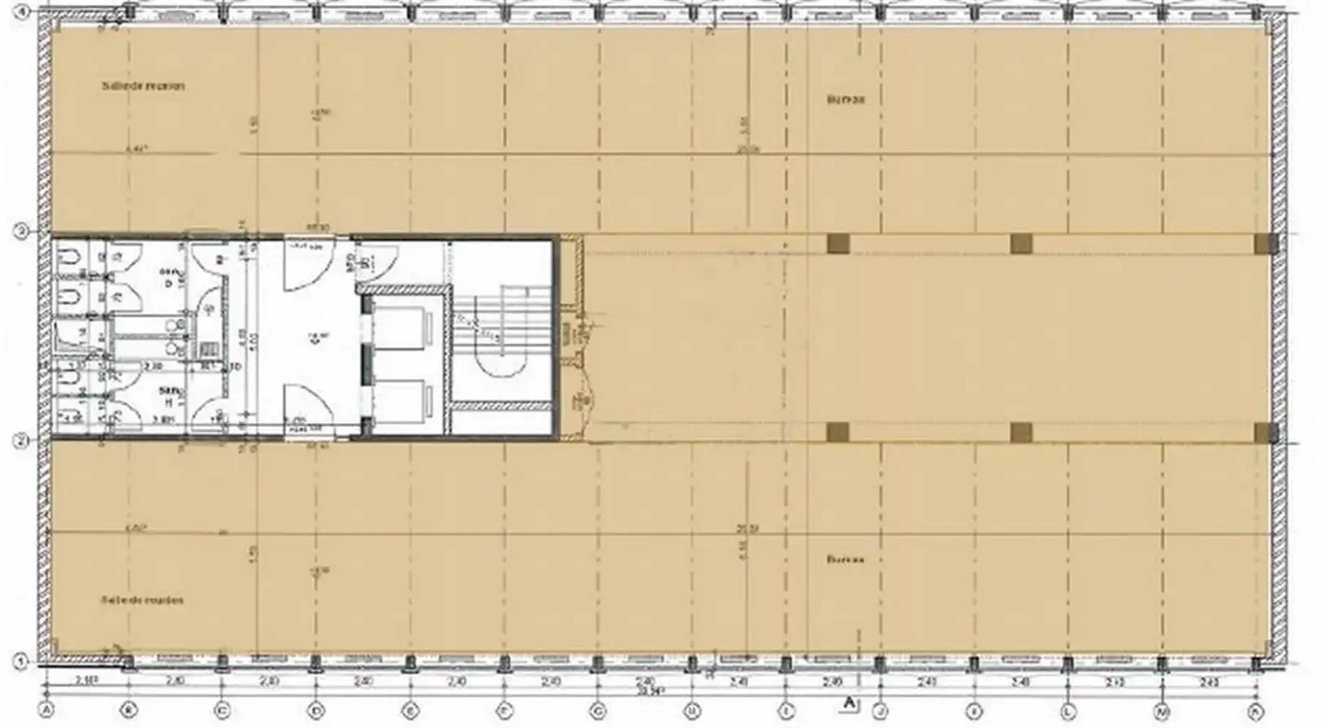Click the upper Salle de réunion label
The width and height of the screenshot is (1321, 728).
click(x=144, y=86)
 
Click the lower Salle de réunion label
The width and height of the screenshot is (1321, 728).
click(x=143, y=600)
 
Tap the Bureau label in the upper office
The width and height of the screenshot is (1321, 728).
click(x=846, y=99)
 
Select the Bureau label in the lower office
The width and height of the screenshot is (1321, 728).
click(x=846, y=560)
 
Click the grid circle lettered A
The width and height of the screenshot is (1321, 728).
click(x=47, y=712)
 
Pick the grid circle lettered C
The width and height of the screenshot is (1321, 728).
click(x=222, y=712)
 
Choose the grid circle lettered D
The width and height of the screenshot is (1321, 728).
click(x=316, y=712)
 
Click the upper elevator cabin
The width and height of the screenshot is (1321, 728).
click(x=402, y=328)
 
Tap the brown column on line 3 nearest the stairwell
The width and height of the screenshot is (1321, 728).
click(x=837, y=244)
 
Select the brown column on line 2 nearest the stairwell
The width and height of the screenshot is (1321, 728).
click(x=837, y=432)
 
